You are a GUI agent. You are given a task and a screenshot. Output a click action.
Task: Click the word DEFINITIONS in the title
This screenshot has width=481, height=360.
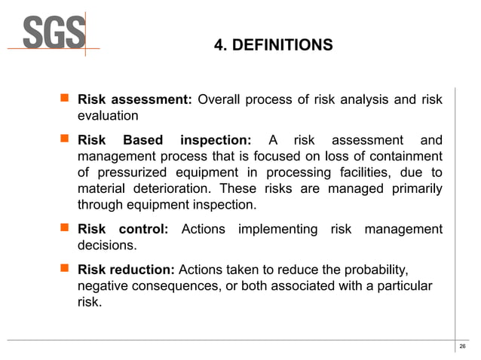tap(283, 46)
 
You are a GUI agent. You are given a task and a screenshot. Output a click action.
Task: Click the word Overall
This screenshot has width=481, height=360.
tap(228, 99)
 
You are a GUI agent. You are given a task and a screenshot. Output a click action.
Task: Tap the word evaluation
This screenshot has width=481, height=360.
tap(108, 116)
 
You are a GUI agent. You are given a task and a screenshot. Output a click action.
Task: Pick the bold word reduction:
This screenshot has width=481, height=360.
tap(142, 270)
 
